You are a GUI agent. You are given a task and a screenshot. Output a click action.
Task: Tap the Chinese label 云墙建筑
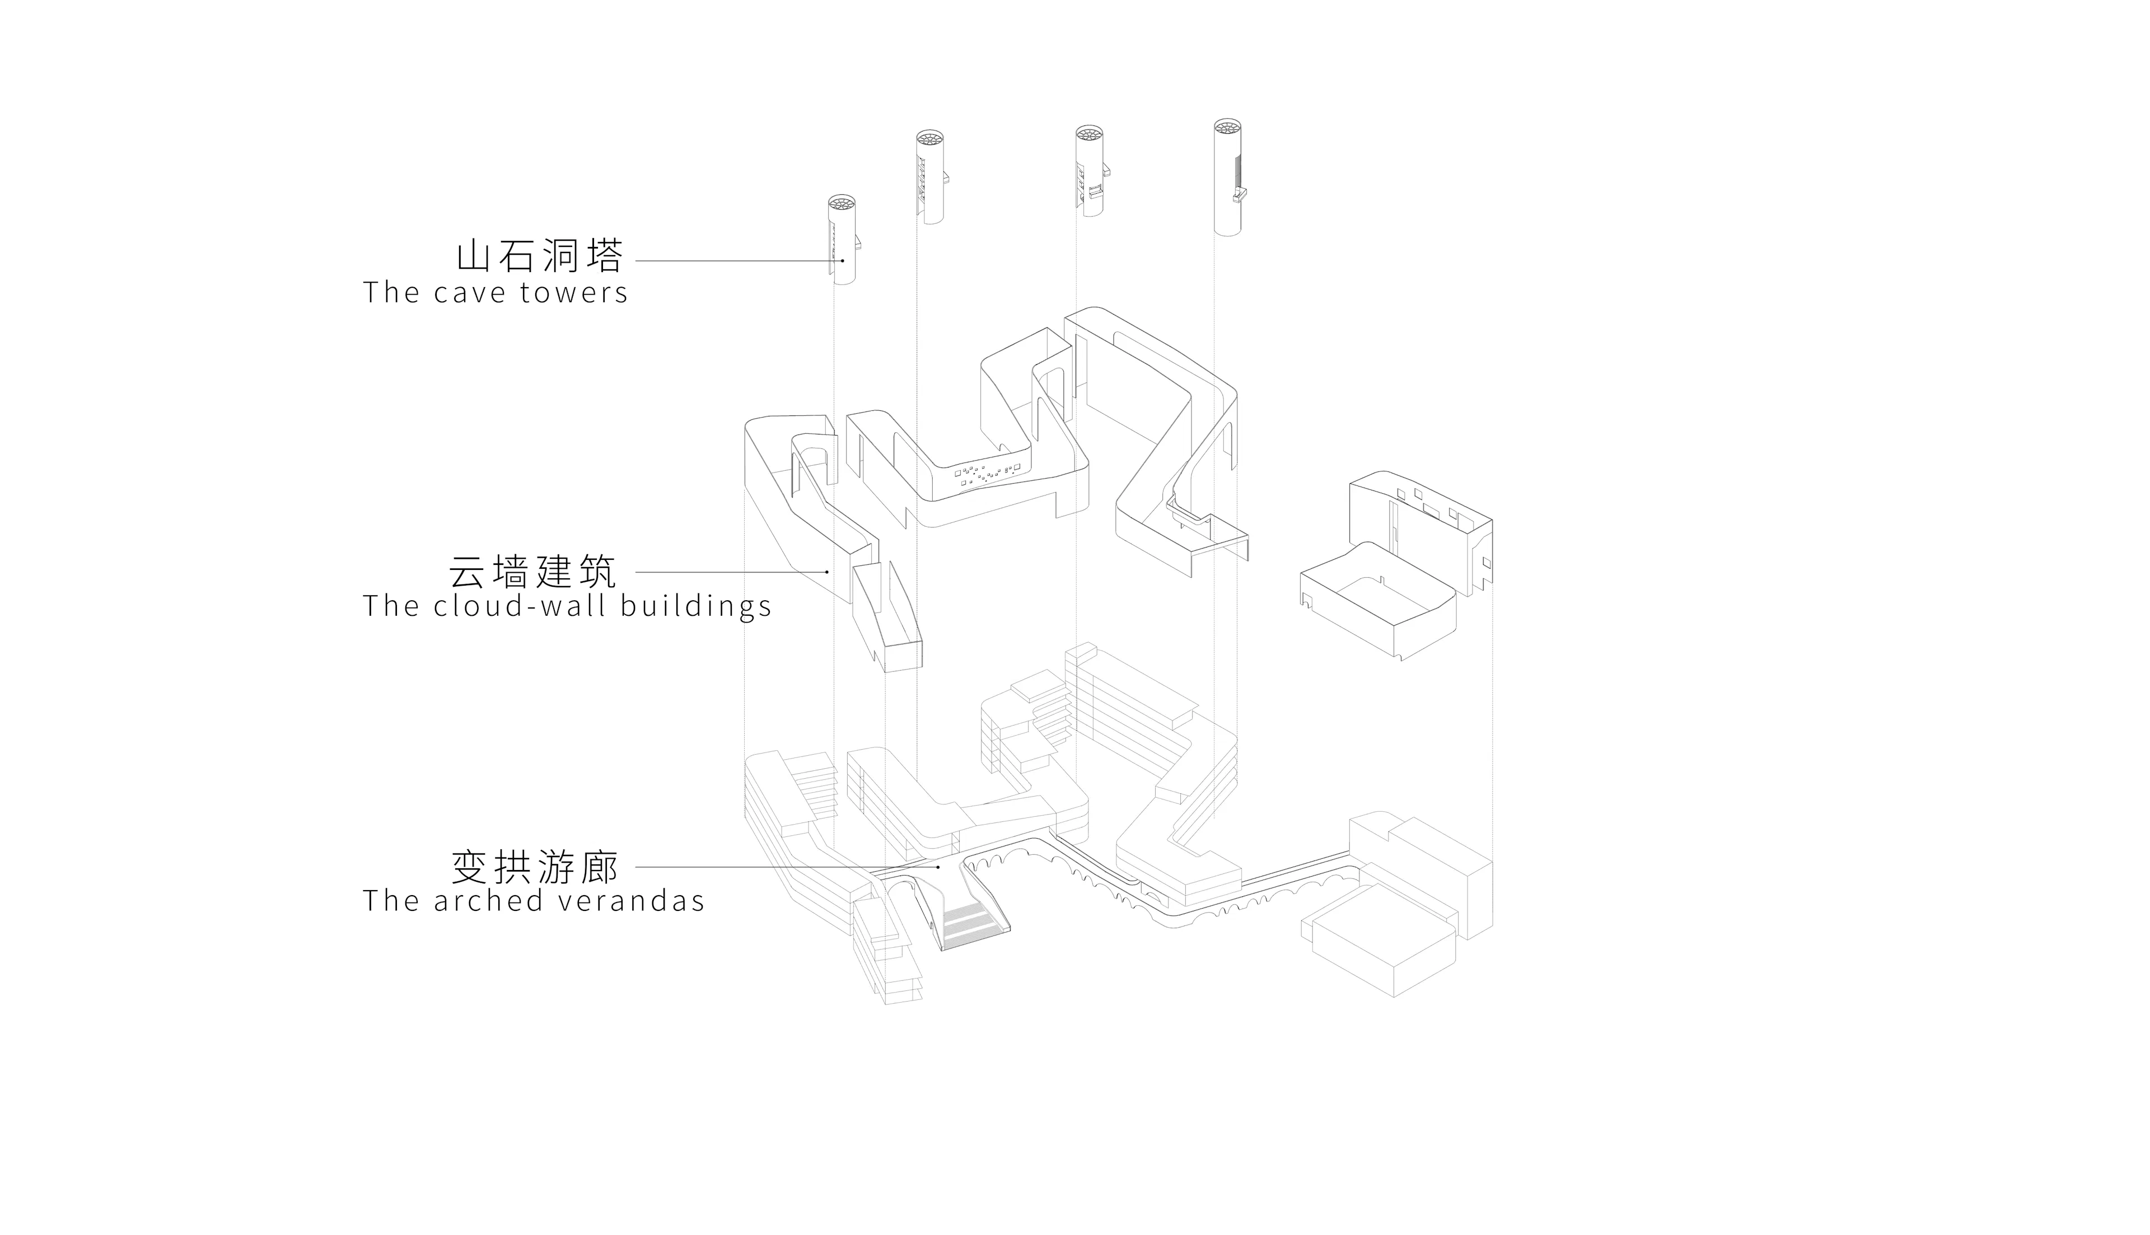(x=532, y=572)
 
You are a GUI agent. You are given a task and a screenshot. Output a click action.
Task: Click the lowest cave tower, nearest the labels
(x=842, y=242)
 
